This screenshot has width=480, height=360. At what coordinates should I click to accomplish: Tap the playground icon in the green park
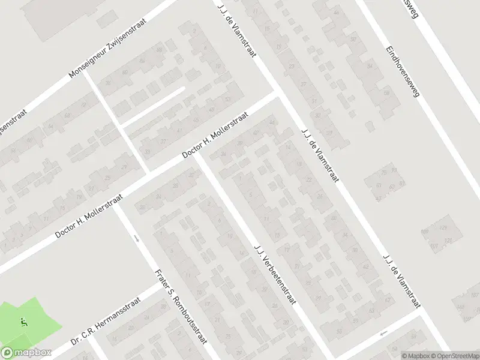23,322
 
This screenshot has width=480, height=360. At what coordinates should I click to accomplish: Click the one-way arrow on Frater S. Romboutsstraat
137,239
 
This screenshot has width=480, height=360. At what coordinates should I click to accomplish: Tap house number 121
448,241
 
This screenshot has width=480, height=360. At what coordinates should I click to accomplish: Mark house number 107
434,246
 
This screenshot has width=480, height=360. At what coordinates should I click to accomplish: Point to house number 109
425,232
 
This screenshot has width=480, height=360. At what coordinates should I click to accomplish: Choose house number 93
402,184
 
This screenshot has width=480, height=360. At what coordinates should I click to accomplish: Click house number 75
383,173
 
